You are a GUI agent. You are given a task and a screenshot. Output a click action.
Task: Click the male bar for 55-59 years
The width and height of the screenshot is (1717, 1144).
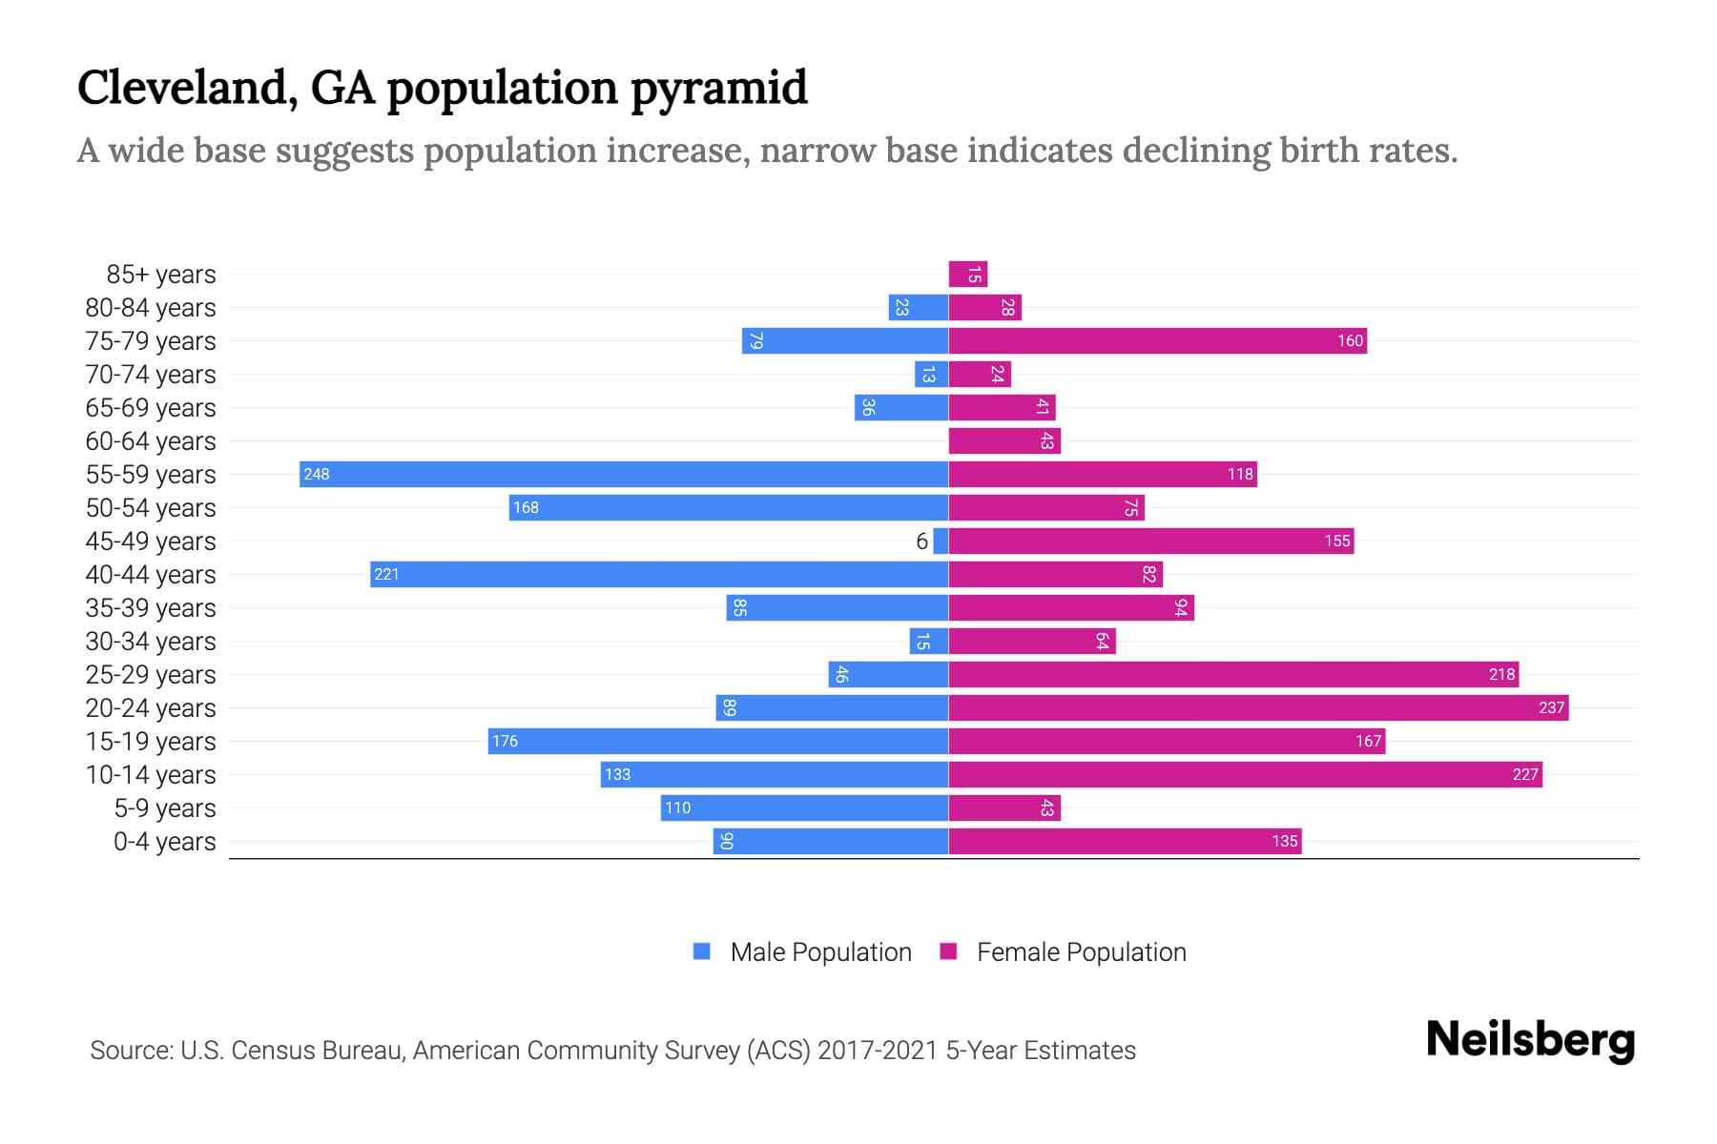tap(624, 474)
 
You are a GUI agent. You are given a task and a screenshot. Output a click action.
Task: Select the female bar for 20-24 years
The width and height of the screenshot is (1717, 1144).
tap(1258, 707)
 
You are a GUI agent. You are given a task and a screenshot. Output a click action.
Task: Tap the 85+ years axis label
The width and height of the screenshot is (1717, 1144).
tap(160, 275)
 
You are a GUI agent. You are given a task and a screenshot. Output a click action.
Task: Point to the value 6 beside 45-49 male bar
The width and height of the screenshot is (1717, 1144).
tap(921, 541)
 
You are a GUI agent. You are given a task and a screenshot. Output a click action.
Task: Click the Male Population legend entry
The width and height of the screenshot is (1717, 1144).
tap(801, 951)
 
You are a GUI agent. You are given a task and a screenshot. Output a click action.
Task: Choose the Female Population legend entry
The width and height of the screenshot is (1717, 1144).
tap(1064, 951)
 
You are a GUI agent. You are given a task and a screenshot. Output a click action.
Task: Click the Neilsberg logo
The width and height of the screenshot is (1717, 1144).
tap(1530, 1040)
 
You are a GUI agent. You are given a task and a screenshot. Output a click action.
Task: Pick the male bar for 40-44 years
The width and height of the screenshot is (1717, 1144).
tap(659, 574)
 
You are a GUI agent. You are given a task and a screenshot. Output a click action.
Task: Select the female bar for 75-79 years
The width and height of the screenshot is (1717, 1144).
tap(1157, 340)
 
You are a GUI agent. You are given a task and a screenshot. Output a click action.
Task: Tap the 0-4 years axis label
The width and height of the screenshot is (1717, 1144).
tap(164, 842)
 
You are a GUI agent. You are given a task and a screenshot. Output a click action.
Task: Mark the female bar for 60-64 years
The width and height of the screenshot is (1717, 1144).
tap(1004, 440)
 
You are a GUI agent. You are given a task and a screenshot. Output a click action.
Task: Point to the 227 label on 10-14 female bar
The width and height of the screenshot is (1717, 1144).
tap(1524, 774)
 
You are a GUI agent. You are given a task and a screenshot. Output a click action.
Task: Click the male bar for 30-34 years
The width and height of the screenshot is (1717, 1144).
tap(929, 641)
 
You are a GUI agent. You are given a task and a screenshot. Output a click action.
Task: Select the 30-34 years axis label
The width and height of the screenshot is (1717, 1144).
tap(151, 642)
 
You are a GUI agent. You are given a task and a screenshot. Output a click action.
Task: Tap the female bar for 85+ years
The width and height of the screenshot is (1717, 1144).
tap(967, 274)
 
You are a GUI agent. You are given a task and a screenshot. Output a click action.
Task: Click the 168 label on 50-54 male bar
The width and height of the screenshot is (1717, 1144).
tap(526, 507)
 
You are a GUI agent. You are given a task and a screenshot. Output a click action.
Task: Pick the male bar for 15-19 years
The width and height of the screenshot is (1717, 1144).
tap(717, 741)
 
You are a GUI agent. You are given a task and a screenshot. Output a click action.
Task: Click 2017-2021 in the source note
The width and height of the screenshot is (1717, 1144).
tap(878, 1051)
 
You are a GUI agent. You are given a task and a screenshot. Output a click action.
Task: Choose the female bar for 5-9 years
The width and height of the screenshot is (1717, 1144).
tap(1004, 807)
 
